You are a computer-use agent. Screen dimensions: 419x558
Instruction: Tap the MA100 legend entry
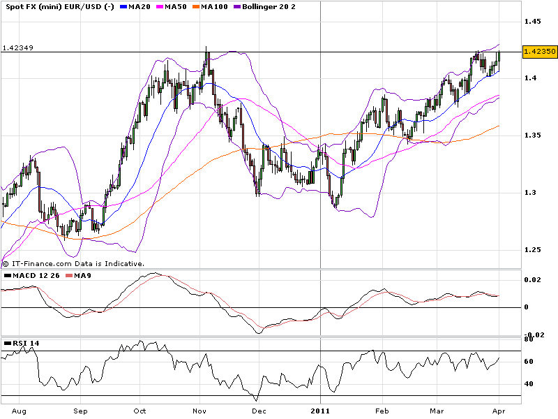pos(227,6)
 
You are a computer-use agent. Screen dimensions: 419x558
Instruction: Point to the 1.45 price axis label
pos(533,22)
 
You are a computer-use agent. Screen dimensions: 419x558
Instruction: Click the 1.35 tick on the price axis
pos(533,135)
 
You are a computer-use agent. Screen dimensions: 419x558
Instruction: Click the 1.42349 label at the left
pos(18,48)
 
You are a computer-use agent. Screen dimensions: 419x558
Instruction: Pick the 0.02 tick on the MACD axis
pos(532,280)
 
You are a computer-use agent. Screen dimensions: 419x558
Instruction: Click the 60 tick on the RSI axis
pos(529,362)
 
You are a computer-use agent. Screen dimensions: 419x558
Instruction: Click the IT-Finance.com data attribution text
pos(77,264)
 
